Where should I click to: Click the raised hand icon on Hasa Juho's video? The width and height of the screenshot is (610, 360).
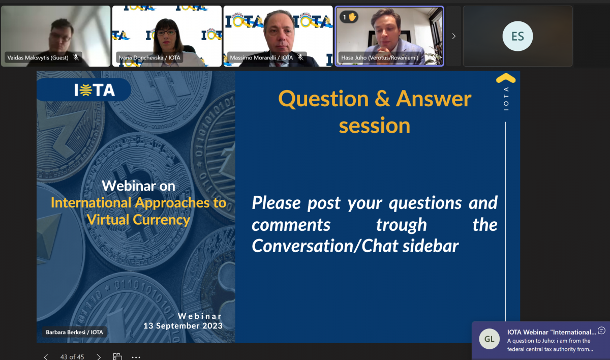click(352, 17)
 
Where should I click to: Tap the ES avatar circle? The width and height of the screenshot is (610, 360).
click(517, 36)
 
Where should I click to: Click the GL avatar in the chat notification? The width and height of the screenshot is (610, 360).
click(490, 339)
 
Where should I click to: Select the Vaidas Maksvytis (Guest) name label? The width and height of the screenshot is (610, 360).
click(38, 58)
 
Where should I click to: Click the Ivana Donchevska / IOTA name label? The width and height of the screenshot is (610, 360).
click(149, 58)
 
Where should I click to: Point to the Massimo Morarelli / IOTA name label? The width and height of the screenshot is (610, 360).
click(261, 58)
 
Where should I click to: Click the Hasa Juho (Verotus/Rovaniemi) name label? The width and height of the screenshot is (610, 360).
click(380, 58)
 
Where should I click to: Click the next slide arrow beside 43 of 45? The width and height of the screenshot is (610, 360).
click(99, 356)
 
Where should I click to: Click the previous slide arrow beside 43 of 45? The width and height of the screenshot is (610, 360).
click(46, 356)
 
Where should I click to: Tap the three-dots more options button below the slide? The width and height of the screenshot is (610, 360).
click(136, 357)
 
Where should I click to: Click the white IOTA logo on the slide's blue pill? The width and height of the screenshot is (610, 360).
click(95, 90)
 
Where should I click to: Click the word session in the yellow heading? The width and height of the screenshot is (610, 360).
click(375, 126)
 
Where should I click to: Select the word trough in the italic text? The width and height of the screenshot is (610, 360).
click(402, 225)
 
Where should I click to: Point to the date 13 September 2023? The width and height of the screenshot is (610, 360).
click(183, 326)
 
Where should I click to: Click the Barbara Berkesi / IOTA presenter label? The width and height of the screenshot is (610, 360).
click(74, 332)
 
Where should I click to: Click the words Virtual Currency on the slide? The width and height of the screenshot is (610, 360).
click(138, 220)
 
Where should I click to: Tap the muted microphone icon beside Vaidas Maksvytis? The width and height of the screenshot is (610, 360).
click(76, 57)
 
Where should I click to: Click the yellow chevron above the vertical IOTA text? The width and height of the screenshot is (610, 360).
click(506, 78)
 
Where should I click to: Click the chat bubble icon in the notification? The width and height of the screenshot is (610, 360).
click(601, 331)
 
